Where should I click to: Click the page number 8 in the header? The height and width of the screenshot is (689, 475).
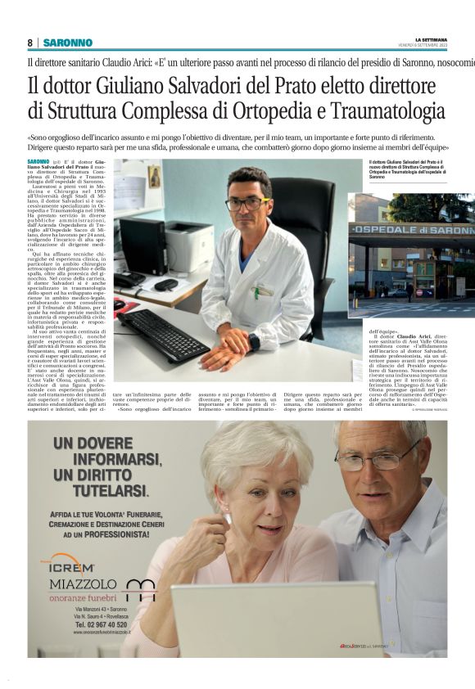click(x=30, y=43)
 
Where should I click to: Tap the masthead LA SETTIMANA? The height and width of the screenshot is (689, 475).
click(x=431, y=38)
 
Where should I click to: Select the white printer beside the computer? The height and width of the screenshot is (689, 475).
click(x=189, y=246)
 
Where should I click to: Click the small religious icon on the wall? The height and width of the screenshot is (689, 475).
click(x=154, y=178)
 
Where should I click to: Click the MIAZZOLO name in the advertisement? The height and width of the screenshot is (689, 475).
click(x=84, y=584)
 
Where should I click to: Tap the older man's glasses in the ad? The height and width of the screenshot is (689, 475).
click(x=378, y=462)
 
